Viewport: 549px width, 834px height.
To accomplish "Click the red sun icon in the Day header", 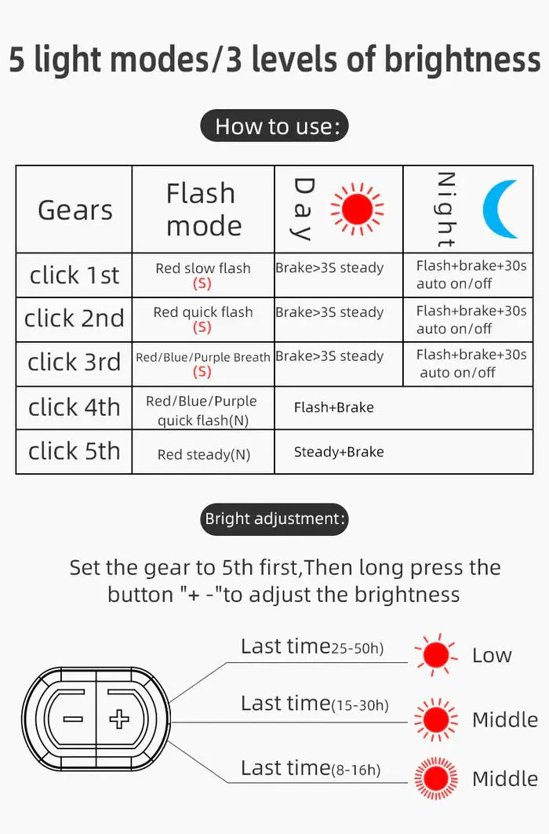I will pos(357,209).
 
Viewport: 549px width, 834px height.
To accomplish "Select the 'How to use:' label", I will pos(274,126).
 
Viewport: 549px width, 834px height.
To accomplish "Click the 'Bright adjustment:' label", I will pos(274,519).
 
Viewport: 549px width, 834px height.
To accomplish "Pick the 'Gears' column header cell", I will pos(75,210).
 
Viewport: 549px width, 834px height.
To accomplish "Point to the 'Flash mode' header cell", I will pos(203,209).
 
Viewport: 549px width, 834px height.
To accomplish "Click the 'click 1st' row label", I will pos(75,275).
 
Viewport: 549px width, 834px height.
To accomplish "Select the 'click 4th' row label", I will pos(75,407).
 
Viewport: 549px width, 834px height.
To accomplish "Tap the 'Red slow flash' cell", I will pos(203,275).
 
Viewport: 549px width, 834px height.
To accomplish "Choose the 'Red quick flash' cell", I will pos(203,319).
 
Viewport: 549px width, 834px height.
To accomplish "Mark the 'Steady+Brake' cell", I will pos(339,452).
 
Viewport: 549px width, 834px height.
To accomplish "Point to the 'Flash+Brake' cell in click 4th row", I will pos(334,407).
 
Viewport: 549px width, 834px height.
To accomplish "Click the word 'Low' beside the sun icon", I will pos(492,656).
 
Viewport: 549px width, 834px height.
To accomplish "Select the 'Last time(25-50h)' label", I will pos(312,647).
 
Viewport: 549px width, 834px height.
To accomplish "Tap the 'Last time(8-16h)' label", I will pos(311,768).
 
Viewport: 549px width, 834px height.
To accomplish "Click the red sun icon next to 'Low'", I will pos(435,654).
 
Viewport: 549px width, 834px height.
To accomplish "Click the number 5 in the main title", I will pos(16,60).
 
